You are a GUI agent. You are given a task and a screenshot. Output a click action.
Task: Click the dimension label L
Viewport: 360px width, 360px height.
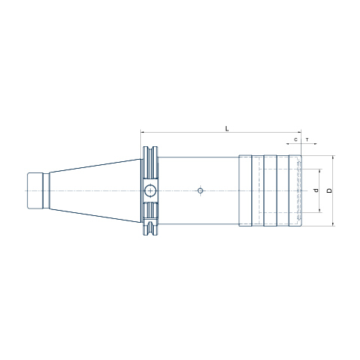(x=227, y=129)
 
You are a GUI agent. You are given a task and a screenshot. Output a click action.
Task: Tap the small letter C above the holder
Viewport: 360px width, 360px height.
(x=295, y=139)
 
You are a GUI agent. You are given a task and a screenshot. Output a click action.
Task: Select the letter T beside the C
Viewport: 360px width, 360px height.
(x=307, y=139)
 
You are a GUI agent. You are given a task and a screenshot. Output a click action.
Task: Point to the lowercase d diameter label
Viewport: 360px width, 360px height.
(x=316, y=190)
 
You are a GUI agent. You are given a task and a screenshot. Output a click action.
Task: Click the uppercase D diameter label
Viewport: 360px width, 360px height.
(x=330, y=190)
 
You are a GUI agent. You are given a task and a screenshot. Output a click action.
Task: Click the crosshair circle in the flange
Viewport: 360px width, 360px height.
(x=150, y=191)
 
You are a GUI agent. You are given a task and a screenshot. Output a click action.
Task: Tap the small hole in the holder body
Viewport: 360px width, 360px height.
(x=200, y=190)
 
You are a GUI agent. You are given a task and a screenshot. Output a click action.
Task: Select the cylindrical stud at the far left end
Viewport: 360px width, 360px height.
(x=35, y=190)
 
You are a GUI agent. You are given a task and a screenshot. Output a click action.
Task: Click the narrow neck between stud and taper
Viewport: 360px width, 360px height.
(x=46, y=190)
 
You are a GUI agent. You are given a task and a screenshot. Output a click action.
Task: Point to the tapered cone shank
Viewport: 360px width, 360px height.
(x=95, y=190)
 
